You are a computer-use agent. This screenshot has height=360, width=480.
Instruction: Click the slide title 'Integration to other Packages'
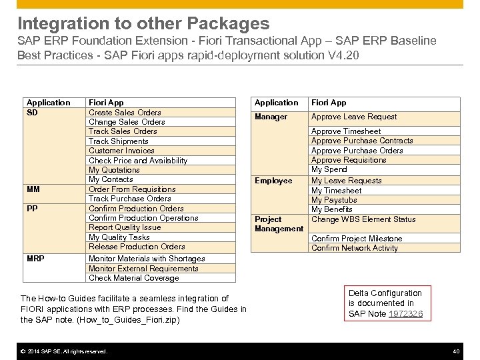pyautogui.click(x=143, y=24)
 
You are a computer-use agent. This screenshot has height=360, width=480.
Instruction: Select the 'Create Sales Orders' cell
pyautogui.click(x=125, y=113)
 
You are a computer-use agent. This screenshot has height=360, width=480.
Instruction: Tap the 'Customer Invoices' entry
pyautogui.click(x=121, y=151)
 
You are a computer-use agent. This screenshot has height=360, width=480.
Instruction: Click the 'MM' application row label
pyautogui.click(x=33, y=189)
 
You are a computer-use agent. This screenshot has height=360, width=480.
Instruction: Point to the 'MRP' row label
pyautogui.click(x=35, y=259)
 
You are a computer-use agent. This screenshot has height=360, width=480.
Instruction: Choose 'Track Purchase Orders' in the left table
pyautogui.click(x=129, y=199)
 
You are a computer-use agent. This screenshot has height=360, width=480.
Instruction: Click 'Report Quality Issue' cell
pyautogui.click(x=125, y=227)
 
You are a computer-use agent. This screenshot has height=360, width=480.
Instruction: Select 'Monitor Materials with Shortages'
pyautogui.click(x=147, y=259)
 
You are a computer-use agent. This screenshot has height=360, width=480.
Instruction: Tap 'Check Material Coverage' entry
pyautogui.click(x=133, y=278)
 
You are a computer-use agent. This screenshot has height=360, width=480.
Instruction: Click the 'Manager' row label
pyautogui.click(x=271, y=117)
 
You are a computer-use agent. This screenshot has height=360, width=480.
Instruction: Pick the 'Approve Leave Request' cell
pyautogui.click(x=353, y=117)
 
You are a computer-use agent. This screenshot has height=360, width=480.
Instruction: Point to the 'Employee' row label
pyautogui.click(x=273, y=181)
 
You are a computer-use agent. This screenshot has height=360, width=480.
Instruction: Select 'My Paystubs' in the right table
pyautogui.click(x=334, y=200)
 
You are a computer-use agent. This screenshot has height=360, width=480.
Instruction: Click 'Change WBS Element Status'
pyautogui.click(x=363, y=219)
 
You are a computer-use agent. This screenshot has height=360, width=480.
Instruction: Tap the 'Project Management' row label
pyautogui.click(x=279, y=224)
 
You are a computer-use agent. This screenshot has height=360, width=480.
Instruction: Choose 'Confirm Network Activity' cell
pyautogui.click(x=354, y=248)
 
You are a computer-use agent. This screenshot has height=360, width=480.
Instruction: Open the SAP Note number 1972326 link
pyautogui.click(x=404, y=313)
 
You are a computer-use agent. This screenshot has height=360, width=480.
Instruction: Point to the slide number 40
pyautogui.click(x=456, y=351)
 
